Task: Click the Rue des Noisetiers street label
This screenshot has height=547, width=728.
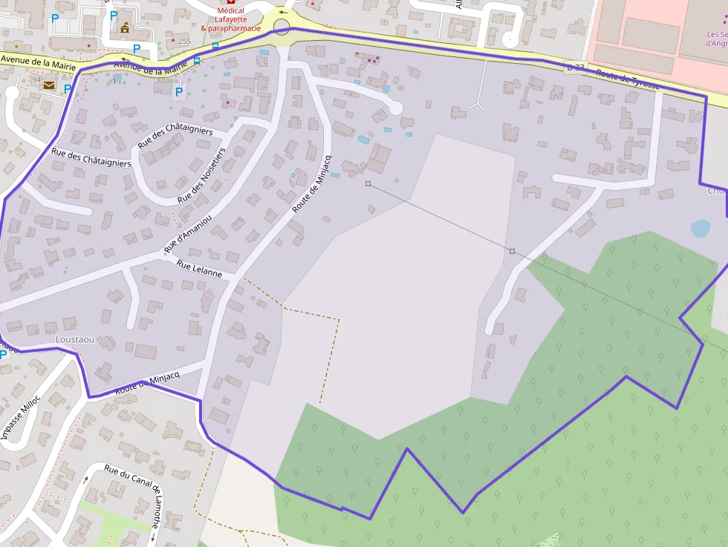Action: (x=201, y=174)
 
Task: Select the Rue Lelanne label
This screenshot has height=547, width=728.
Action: (x=199, y=269)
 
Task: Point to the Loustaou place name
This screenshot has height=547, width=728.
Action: (x=75, y=339)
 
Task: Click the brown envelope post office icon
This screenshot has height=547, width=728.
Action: (x=48, y=85)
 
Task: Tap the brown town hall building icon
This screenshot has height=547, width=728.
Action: (x=124, y=29)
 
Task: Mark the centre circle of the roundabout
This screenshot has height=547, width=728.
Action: (x=282, y=27)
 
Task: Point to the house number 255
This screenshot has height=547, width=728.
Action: (x=184, y=41)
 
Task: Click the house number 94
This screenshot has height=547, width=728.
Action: (x=36, y=79)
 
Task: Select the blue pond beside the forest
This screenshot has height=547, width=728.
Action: (x=700, y=228)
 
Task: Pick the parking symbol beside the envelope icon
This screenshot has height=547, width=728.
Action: (x=67, y=89)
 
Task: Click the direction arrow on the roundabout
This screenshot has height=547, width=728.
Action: (x=282, y=13)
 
